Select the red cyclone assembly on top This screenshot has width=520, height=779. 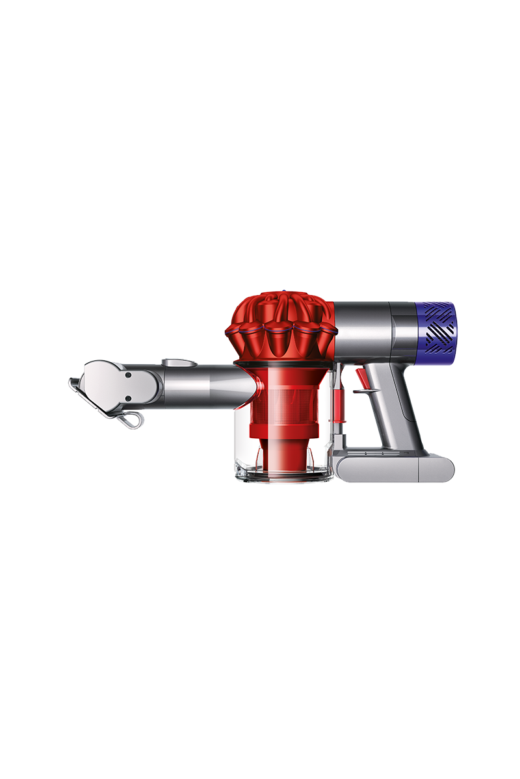click(281, 325)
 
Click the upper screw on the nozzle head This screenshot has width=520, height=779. click(129, 375)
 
